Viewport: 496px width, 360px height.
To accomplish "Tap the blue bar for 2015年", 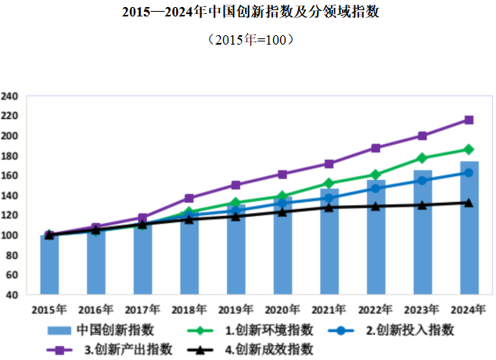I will (49, 266).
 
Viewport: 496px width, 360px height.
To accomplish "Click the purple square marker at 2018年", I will (189, 198).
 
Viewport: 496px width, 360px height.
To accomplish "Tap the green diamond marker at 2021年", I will (329, 183).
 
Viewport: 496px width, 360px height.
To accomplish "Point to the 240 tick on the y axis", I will (11, 96).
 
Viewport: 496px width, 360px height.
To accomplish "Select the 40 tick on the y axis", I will (13, 295).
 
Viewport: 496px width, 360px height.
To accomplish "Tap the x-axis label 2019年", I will (235, 309).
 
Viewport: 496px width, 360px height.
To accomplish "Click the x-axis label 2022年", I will (376, 309).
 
